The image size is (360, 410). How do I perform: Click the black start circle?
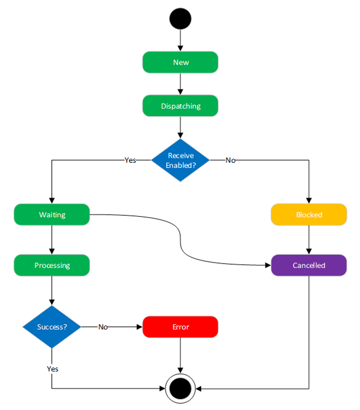pyautogui.click(x=180, y=19)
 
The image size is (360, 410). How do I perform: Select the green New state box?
pyautogui.click(x=180, y=62)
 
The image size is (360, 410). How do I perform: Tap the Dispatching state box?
pyautogui.click(x=180, y=106)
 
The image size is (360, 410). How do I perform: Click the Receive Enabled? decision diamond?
pyautogui.click(x=180, y=160)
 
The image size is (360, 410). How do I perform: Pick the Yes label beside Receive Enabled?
pyautogui.click(x=130, y=160)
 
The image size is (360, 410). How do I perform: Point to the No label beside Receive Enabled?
pyautogui.click(x=230, y=160)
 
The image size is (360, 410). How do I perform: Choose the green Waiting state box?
pyautogui.click(x=52, y=214)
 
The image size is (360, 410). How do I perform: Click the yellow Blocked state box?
pyautogui.click(x=309, y=214)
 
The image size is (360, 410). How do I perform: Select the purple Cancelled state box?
pyautogui.click(x=309, y=265)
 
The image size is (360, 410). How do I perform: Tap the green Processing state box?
pyautogui.click(x=52, y=265)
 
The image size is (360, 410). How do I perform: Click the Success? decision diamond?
pyautogui.click(x=52, y=327)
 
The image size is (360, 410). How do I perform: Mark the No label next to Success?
pyautogui.click(x=103, y=327)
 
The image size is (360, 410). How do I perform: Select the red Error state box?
pyautogui.click(x=180, y=327)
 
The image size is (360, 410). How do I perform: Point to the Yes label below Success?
pyautogui.click(x=52, y=369)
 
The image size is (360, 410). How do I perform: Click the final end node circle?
pyautogui.click(x=180, y=389)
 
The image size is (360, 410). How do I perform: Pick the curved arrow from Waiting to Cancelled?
pyautogui.click(x=180, y=239)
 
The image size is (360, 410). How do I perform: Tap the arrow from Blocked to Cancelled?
pyautogui.click(x=309, y=239)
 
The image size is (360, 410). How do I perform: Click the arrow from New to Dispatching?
pyautogui.click(x=180, y=84)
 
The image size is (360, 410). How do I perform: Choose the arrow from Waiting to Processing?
pyautogui.click(x=52, y=239)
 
